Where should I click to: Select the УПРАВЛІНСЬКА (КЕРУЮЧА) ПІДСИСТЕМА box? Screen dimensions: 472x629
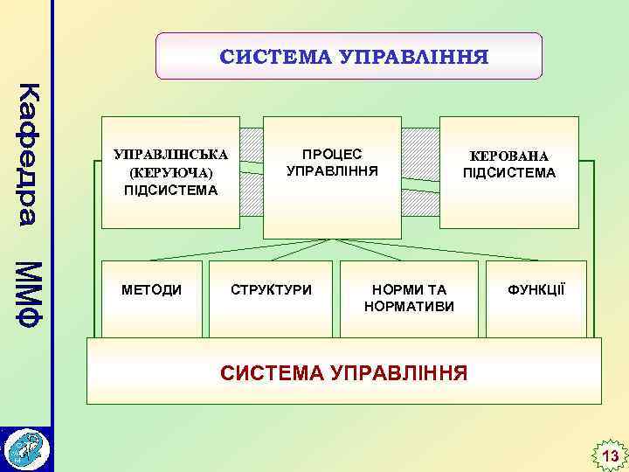(x=170, y=170)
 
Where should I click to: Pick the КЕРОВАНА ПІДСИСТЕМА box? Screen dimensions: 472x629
(x=508, y=171)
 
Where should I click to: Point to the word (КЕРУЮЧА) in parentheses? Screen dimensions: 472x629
(x=170, y=172)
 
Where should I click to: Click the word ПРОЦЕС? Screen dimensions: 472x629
(x=332, y=154)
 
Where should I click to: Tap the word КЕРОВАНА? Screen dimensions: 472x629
(x=508, y=156)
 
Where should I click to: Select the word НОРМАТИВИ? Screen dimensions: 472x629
(x=409, y=306)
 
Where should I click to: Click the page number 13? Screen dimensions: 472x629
(x=609, y=456)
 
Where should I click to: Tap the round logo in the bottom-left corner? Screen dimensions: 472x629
(x=26, y=448)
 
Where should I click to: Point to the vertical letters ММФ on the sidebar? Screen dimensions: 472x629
(x=30, y=293)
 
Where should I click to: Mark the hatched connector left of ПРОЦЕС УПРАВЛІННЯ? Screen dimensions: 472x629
(x=252, y=171)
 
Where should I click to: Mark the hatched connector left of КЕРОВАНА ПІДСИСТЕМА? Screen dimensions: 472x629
(x=420, y=171)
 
